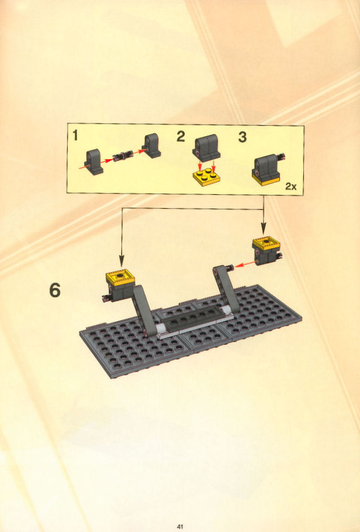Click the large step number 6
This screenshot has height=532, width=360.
tap(55, 291)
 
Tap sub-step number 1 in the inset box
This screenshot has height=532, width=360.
tap(75, 136)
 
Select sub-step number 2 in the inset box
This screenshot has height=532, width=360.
tap(180, 136)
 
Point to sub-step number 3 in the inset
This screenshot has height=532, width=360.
tap(242, 137)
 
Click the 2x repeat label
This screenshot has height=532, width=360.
tap(290, 186)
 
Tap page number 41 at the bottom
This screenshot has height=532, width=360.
tap(180, 526)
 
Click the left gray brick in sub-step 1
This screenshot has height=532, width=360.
tap(94, 162)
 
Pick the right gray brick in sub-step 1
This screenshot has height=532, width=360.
tap(151, 146)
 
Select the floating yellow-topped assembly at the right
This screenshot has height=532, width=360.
tap(267, 251)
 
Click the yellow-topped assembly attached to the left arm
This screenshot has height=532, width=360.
tap(119, 285)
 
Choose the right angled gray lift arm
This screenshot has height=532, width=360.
tap(226, 289)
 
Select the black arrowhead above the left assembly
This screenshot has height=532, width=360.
tap(122, 260)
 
